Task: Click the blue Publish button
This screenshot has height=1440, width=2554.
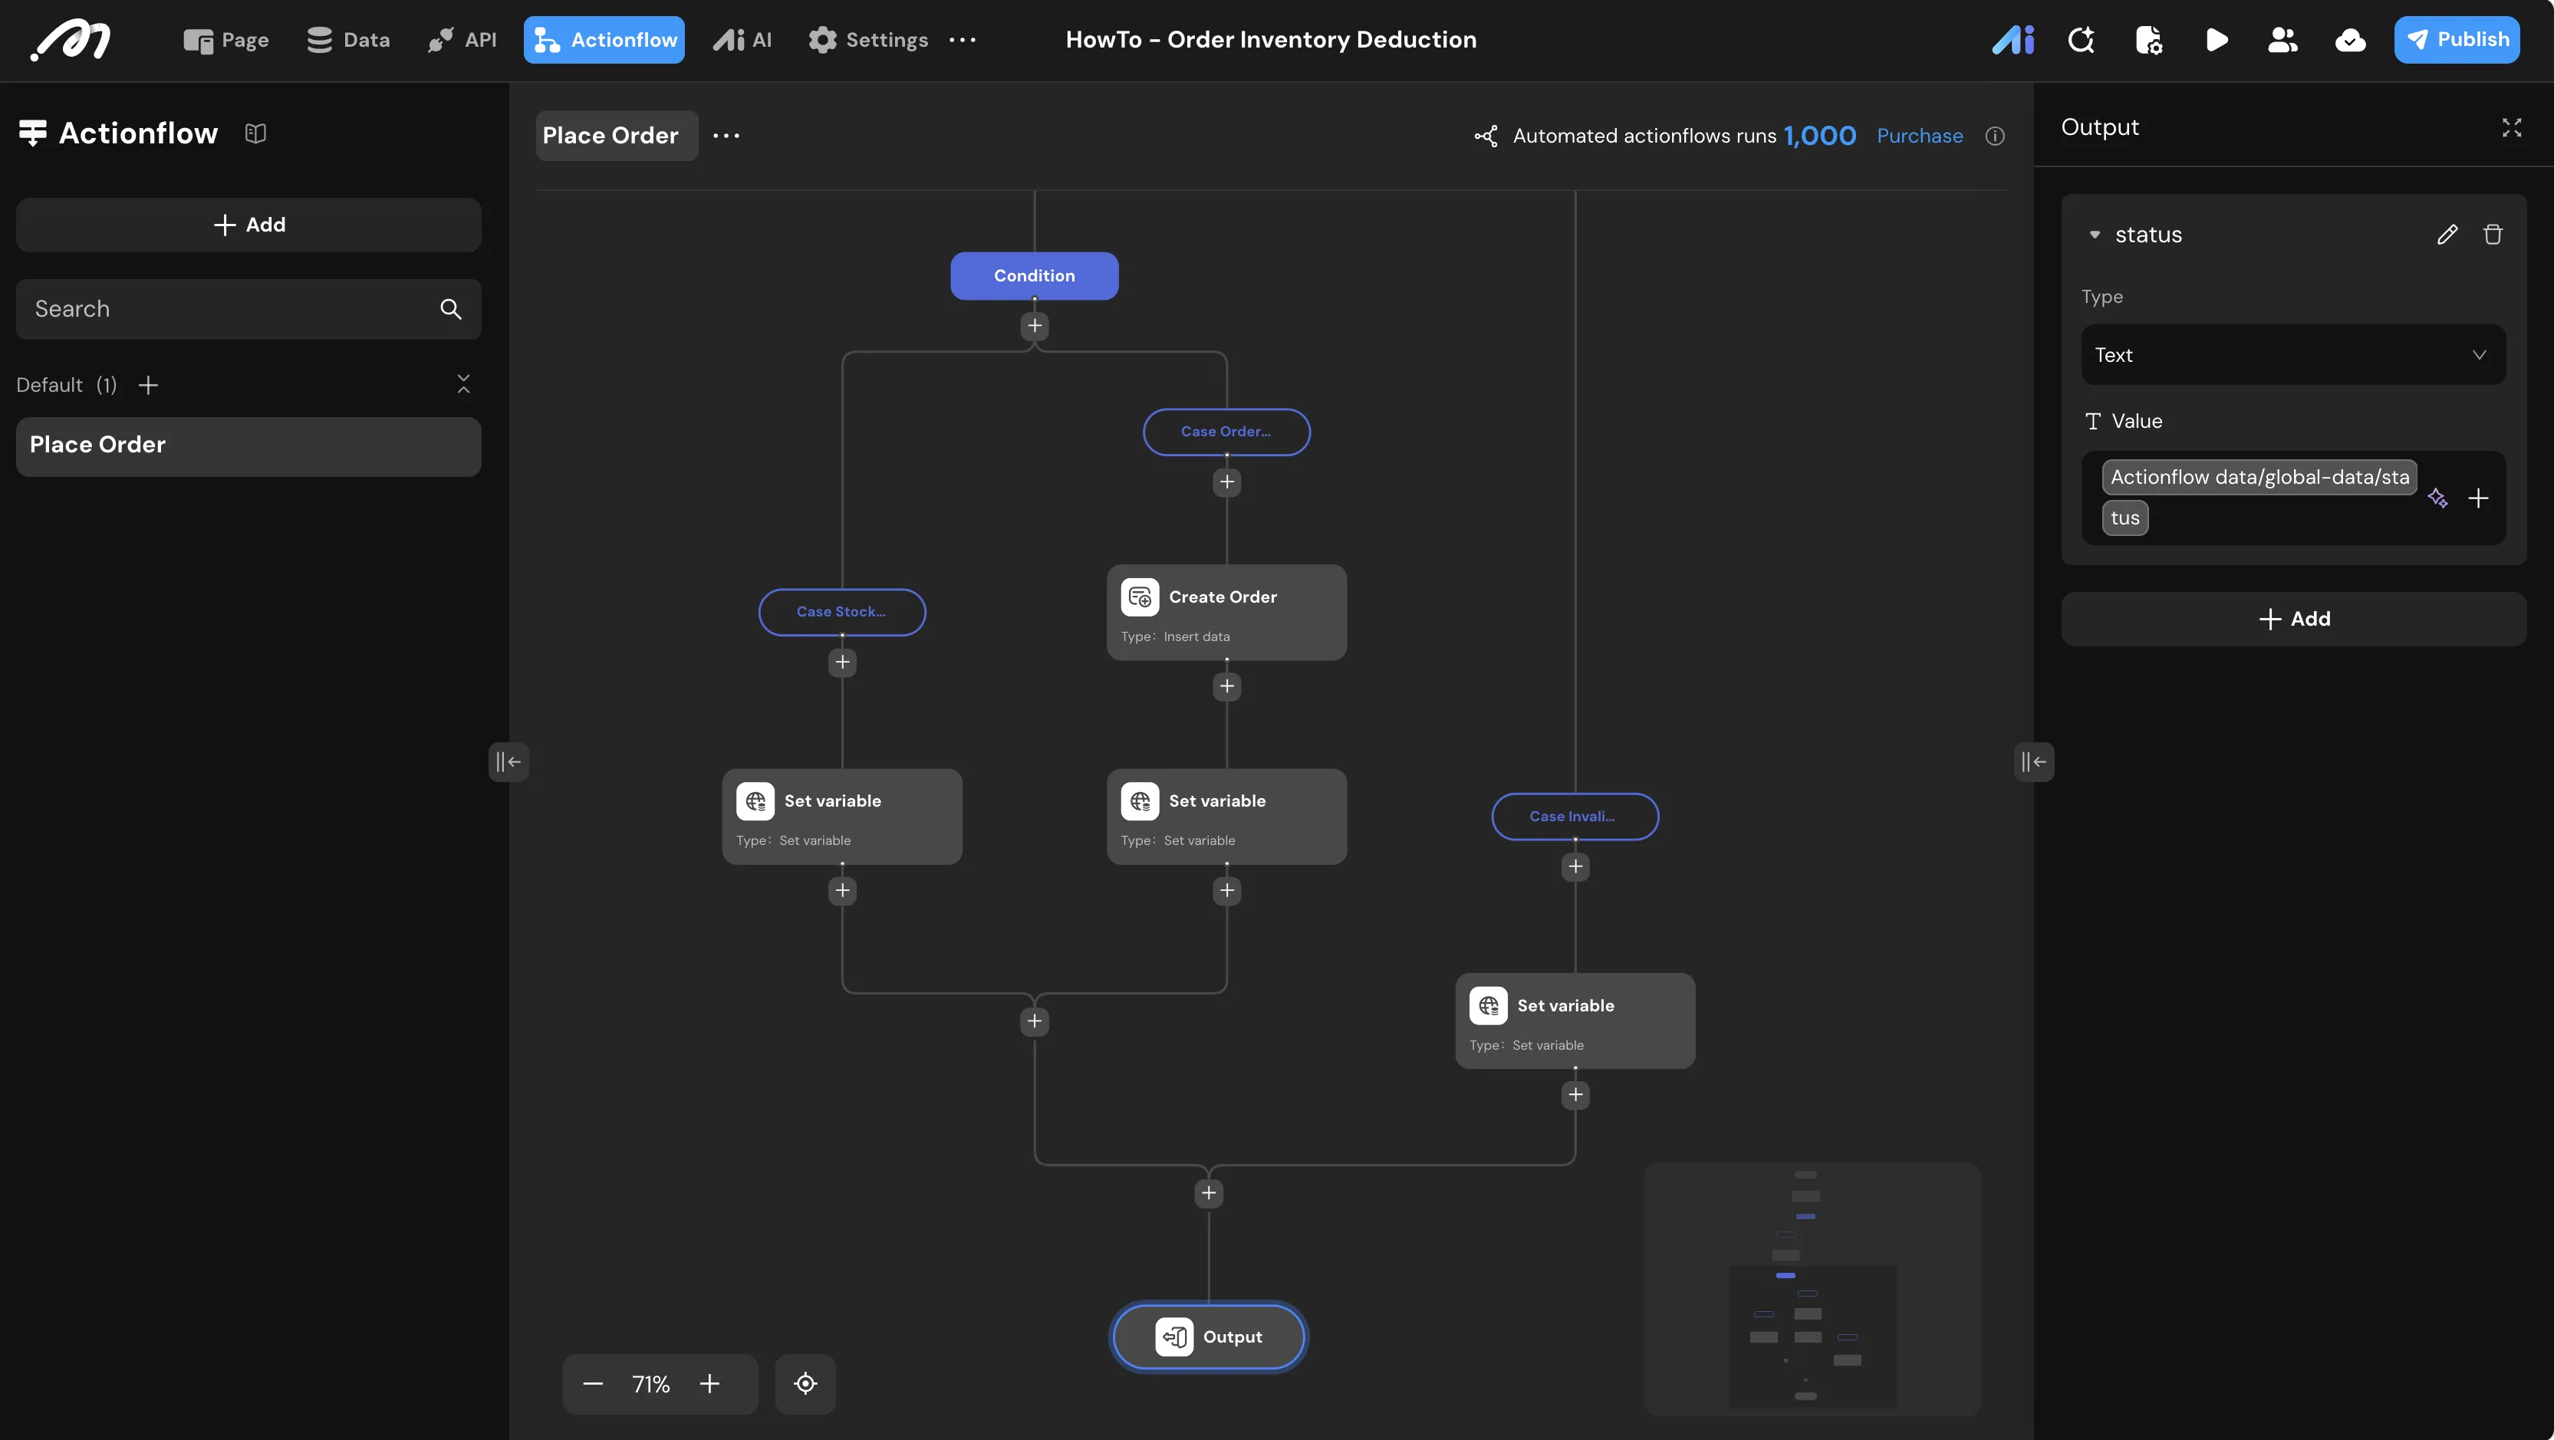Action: point(2456,40)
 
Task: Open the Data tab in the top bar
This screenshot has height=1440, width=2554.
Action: point(348,40)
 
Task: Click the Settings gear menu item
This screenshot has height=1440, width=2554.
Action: point(867,40)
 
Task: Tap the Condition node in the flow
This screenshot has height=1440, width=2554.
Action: point(1034,275)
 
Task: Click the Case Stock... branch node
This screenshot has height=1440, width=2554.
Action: point(842,611)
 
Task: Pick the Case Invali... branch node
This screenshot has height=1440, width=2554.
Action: point(1575,817)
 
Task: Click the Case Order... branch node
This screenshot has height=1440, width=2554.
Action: point(1226,431)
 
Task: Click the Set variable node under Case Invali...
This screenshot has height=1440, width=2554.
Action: point(1575,1021)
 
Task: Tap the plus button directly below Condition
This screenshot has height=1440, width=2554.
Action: point(1034,326)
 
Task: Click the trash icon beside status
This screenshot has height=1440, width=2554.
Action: point(2493,234)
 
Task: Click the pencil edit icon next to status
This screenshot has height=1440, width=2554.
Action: point(2447,234)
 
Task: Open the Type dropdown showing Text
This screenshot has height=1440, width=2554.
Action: point(2293,355)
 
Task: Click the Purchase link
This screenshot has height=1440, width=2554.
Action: point(1920,136)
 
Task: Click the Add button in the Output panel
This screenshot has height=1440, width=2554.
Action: point(2293,620)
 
